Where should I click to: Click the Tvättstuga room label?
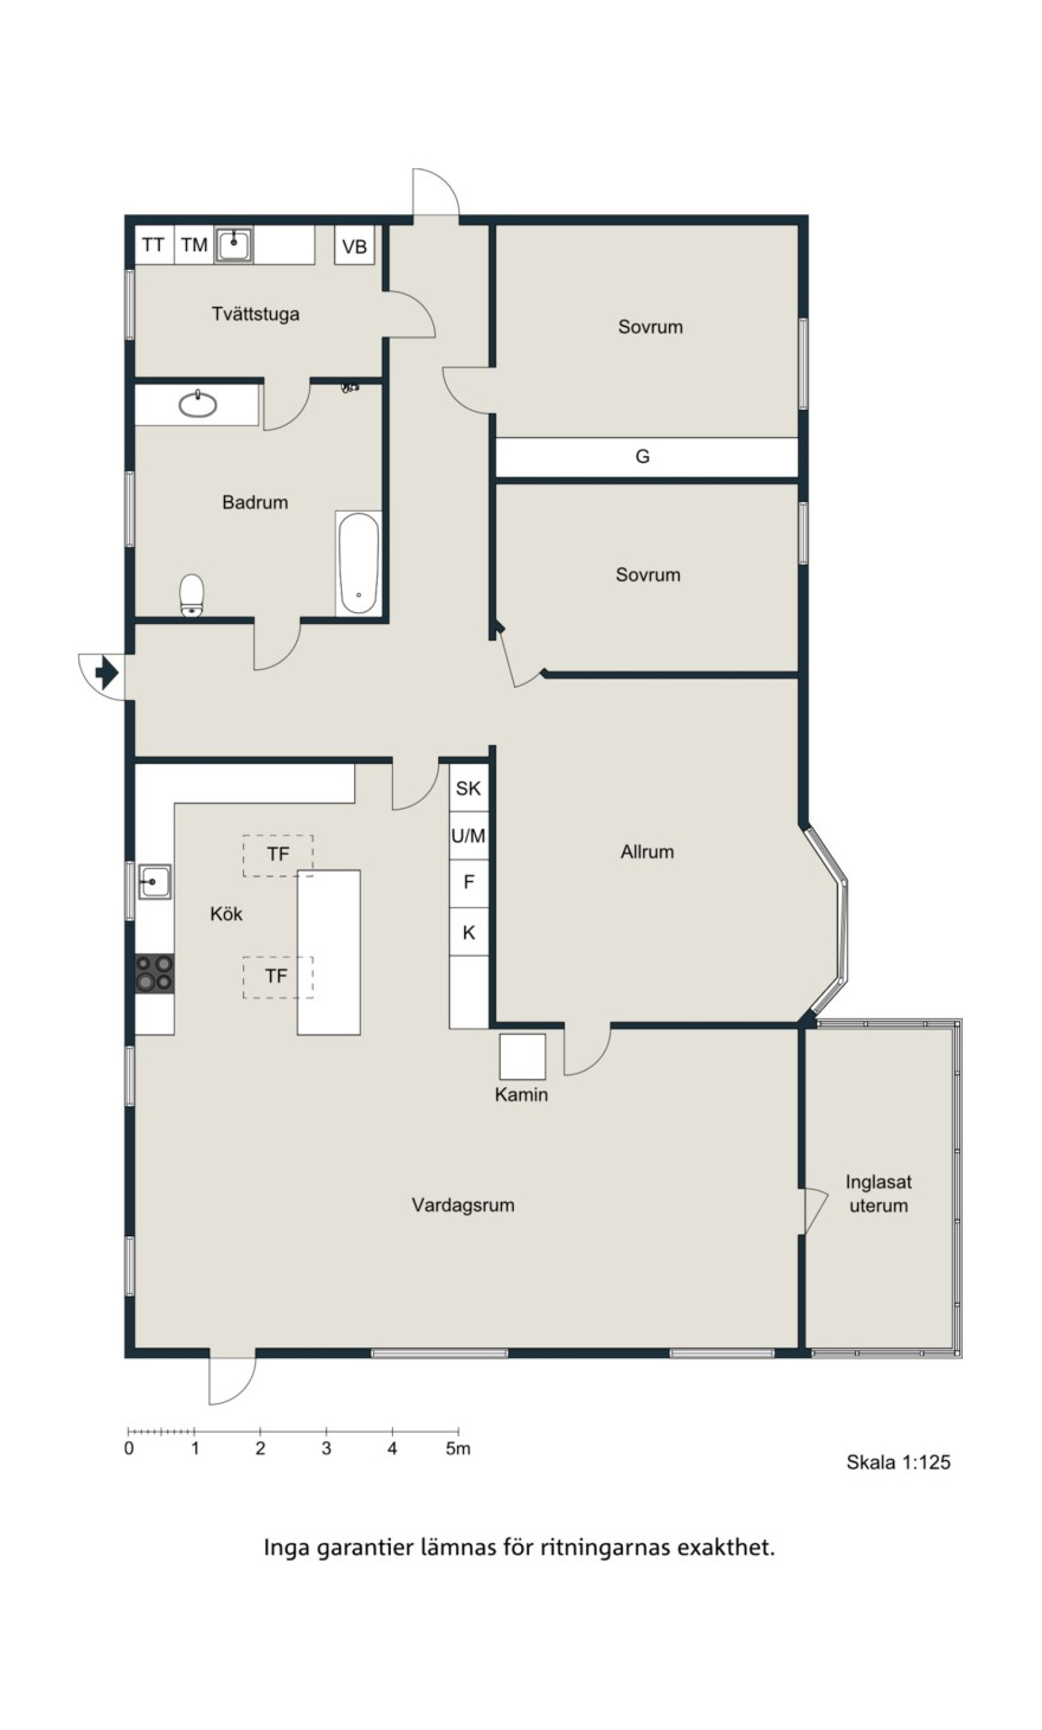[255, 314]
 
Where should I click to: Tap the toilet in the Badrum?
[192, 596]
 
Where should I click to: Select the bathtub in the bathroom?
[359, 564]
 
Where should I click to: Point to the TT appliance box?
[154, 245]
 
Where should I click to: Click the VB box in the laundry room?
[355, 247]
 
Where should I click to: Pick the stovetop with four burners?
[154, 973]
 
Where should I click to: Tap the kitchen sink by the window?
[154, 882]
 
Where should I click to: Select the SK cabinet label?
[469, 788]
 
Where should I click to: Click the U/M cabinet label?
[469, 835]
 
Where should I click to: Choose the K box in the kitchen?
[469, 933]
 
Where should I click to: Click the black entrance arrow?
[107, 673]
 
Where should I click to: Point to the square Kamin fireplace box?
[522, 1056]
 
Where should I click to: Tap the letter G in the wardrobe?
[642, 457]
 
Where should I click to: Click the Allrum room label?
[647, 852]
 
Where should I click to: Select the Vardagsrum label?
[463, 1205]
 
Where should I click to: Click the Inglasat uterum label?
[879, 1194]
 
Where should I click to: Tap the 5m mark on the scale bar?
[458, 1449]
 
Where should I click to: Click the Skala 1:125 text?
[898, 1463]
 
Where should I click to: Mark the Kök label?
[226, 914]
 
